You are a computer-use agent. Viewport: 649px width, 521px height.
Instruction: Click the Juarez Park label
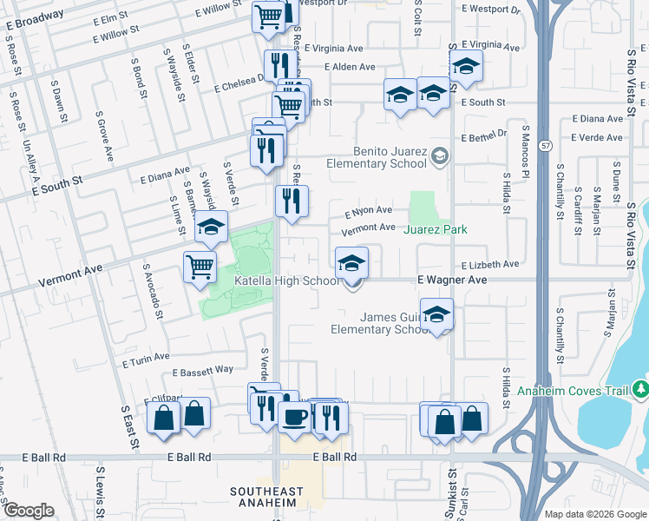coord(436,229)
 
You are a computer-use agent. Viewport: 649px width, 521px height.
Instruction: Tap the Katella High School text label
coord(287,280)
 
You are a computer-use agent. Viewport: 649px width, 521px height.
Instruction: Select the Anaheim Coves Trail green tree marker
coord(640,388)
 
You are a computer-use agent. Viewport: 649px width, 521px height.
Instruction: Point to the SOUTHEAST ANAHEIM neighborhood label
coord(266,498)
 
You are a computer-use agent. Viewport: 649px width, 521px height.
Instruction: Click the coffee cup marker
coord(294,417)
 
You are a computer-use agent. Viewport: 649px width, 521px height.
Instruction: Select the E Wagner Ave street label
coord(450,280)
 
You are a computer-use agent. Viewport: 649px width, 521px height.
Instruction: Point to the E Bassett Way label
coord(203,372)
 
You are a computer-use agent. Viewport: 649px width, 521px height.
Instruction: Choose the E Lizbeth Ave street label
coord(489,264)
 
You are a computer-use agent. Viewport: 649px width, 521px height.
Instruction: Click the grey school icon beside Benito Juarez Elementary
coord(440,155)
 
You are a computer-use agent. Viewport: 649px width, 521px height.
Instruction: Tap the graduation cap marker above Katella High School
coord(351,262)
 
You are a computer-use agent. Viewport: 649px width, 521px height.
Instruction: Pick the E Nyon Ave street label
coord(369,210)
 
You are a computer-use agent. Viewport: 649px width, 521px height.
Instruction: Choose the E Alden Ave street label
coord(350,67)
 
